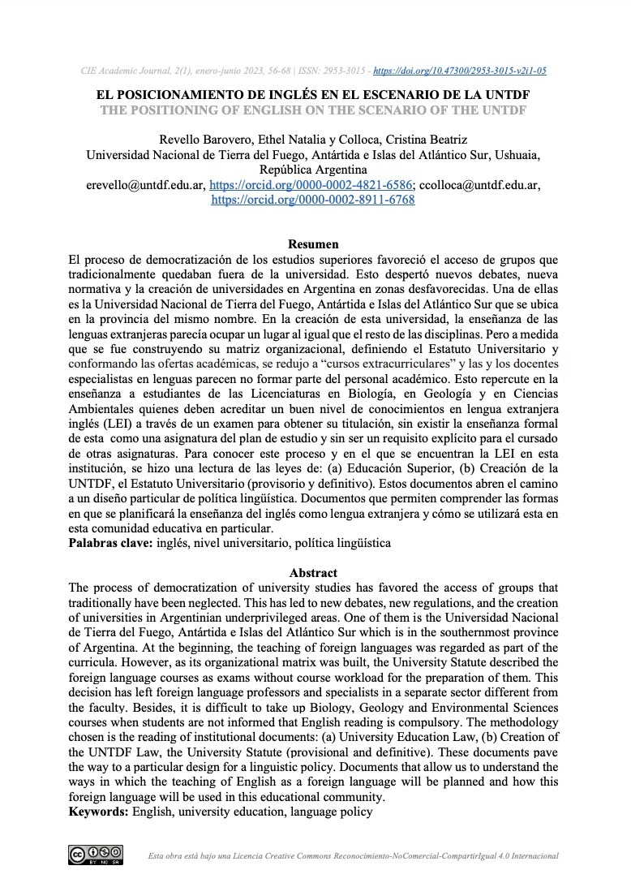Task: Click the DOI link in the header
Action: click(470, 71)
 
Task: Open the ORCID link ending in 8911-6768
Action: click(313, 200)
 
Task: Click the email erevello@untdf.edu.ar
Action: click(145, 185)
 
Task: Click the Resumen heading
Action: click(313, 244)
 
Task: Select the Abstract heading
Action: click(313, 573)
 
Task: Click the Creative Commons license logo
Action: click(96, 854)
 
